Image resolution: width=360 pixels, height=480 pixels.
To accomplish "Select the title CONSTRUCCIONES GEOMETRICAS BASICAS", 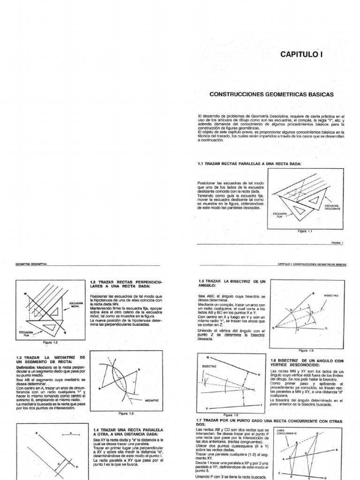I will [x=271, y=94].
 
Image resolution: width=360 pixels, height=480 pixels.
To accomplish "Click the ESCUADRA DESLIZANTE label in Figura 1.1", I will [x=332, y=206].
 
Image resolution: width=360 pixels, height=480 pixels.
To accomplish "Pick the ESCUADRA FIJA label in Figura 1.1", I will [x=280, y=215].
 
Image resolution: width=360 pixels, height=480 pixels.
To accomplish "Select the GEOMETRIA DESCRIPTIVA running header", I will [x=32, y=264].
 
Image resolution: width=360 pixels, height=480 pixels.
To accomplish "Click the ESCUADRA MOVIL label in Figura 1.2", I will [x=76, y=305].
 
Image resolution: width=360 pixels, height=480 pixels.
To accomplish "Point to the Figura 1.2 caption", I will [x=50, y=343].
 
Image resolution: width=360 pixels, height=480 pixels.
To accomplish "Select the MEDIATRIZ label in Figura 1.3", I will [x=152, y=401].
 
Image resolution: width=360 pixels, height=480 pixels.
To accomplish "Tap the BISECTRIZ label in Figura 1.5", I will [x=331, y=296].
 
